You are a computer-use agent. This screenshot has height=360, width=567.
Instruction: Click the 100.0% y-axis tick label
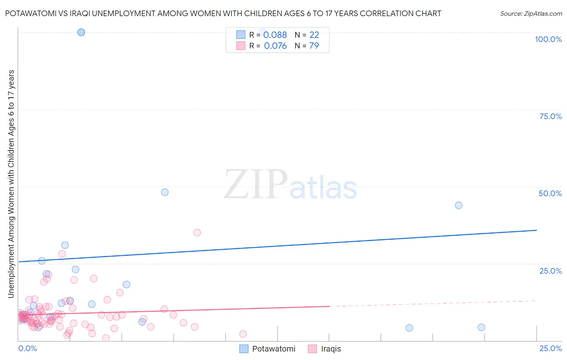[x=548, y=39]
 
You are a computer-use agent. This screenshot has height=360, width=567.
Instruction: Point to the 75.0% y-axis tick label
[x=550, y=116]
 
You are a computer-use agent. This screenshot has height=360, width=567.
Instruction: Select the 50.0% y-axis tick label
[x=550, y=193]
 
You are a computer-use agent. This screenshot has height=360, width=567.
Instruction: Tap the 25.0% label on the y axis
[x=550, y=271]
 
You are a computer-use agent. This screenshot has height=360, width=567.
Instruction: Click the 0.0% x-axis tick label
[x=27, y=348]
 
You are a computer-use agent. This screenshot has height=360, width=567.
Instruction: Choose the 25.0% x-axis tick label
[x=550, y=348]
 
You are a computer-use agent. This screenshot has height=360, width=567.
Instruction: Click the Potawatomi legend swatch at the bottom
[x=244, y=349]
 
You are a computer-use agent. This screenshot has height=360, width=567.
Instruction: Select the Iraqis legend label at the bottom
[x=331, y=349]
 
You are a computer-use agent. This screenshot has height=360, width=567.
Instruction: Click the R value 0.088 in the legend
[x=275, y=35]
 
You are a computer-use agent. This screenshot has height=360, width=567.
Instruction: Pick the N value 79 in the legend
[x=314, y=46]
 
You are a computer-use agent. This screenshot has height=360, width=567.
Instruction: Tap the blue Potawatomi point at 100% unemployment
[x=81, y=32]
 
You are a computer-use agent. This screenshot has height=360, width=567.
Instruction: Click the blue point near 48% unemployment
[x=165, y=192]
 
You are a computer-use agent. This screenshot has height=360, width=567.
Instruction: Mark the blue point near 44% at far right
[x=459, y=205]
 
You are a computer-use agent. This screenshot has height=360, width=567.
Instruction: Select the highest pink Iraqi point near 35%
[x=197, y=232]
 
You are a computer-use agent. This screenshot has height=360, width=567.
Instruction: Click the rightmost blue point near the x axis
[x=481, y=327]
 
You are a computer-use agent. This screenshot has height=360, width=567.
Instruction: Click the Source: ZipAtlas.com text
[x=531, y=13]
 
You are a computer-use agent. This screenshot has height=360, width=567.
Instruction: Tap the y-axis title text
[x=11, y=184]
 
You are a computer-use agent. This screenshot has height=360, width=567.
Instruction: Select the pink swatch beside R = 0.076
[x=240, y=46]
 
